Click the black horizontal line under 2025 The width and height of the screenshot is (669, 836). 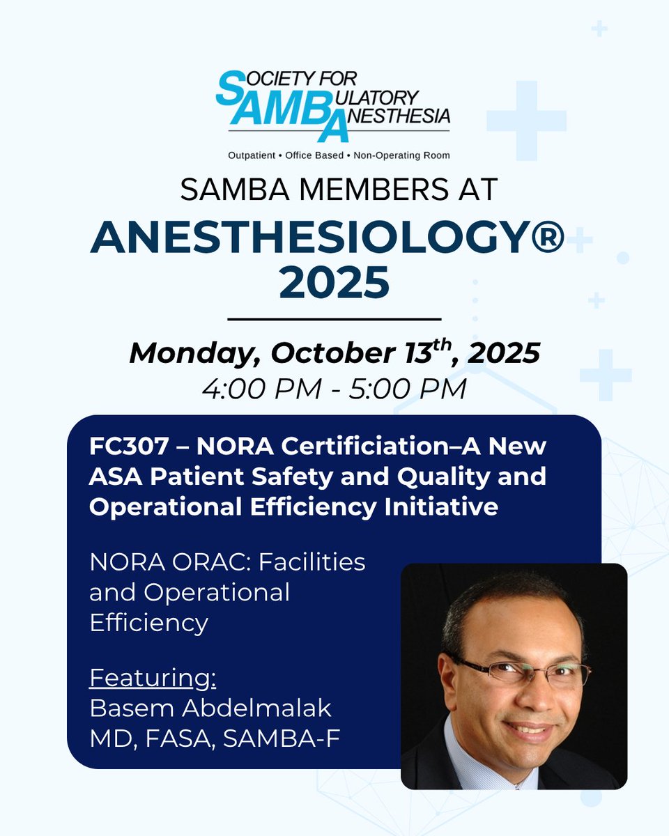click(334, 319)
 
